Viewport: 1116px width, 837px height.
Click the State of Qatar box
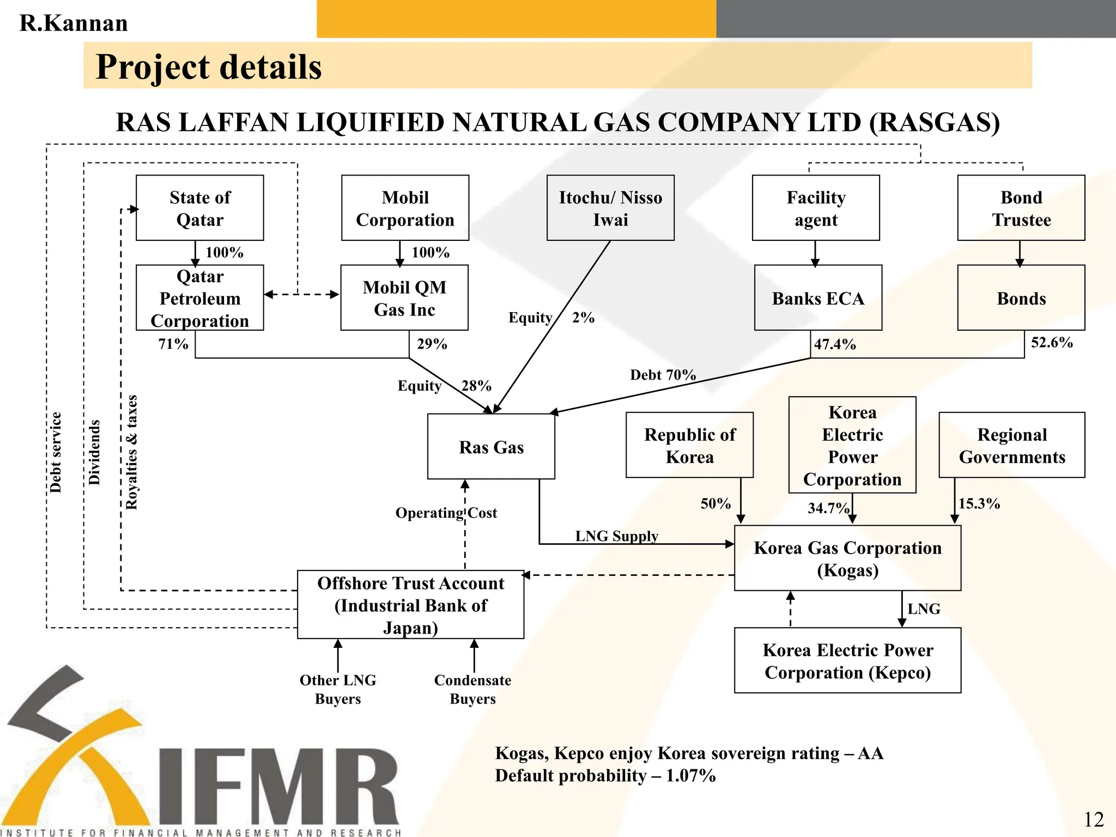coord(199,208)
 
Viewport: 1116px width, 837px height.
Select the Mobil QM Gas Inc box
coord(404,298)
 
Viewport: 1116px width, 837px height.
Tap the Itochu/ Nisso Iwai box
coord(610,208)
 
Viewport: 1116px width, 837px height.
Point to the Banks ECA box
coord(817,298)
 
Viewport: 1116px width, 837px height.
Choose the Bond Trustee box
coord(1021,208)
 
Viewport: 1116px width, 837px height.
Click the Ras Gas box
coord(491,447)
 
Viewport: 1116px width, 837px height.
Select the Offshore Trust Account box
coord(410,605)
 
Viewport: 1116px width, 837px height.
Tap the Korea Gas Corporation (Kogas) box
coord(847,558)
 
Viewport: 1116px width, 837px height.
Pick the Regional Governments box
coord(1011,445)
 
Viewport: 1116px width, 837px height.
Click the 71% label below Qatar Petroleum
coord(173,344)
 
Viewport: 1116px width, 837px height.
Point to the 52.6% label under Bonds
coord(1051,342)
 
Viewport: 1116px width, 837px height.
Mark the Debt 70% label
coord(663,375)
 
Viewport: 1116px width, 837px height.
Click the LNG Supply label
coord(616,536)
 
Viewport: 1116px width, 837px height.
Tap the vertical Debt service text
coord(56,452)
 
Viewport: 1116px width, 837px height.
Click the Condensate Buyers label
coord(472,689)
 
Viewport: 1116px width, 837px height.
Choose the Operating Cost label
coord(446,513)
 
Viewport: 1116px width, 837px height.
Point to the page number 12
coord(1093,819)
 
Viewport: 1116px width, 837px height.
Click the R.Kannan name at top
coord(74,23)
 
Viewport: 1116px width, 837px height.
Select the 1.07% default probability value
coord(690,775)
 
